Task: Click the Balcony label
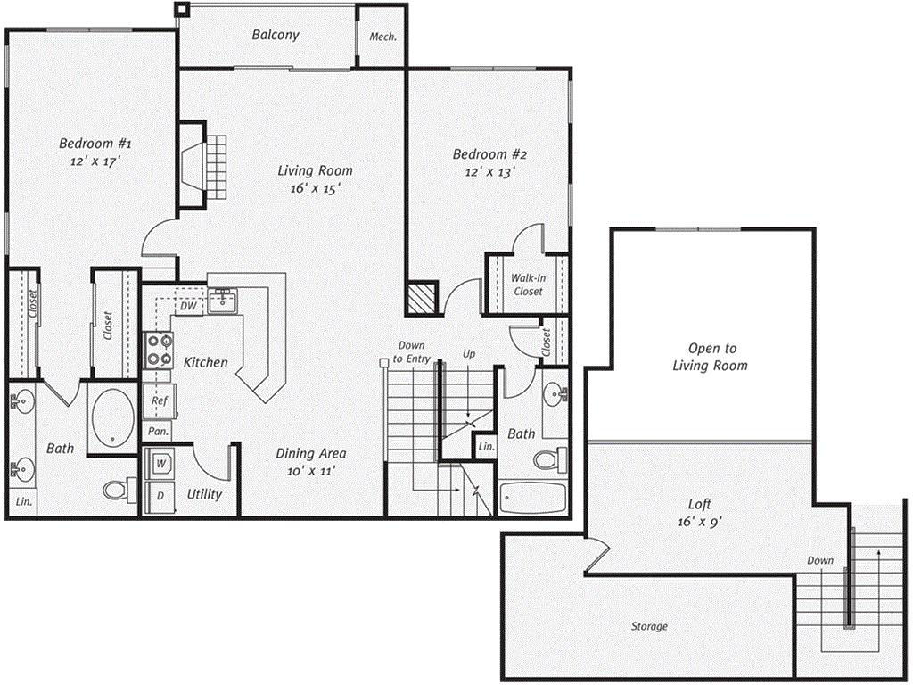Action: click(276, 35)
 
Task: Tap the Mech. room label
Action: click(383, 37)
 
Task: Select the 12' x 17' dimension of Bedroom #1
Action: click(95, 161)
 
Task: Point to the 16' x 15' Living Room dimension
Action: click(315, 189)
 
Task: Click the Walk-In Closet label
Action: click(528, 285)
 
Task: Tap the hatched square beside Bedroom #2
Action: click(422, 300)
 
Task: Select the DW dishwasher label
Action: click(188, 306)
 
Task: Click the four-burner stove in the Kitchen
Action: click(159, 350)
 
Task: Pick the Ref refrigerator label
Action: click(159, 400)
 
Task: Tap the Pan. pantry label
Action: click(158, 432)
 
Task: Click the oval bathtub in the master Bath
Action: click(113, 417)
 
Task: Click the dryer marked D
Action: click(160, 497)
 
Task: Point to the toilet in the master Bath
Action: click(120, 490)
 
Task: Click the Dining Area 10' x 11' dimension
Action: click(311, 471)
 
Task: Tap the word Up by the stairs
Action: click(469, 353)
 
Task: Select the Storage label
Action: click(649, 626)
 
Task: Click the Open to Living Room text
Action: click(711, 357)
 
